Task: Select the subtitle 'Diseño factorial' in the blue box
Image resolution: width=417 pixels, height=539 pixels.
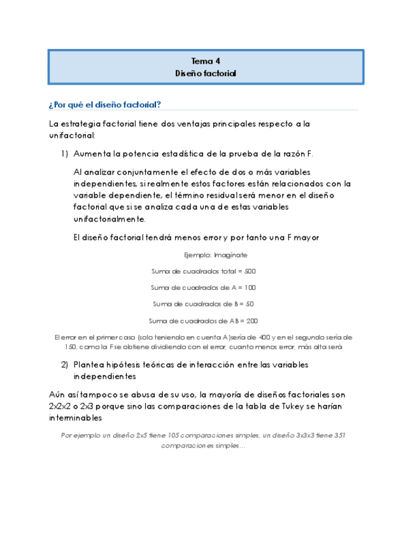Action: [206, 74]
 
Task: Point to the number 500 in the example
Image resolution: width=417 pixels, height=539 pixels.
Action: [250, 271]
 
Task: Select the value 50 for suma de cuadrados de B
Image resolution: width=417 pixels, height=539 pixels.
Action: [250, 304]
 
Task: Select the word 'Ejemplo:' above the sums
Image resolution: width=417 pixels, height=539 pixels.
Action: [198, 254]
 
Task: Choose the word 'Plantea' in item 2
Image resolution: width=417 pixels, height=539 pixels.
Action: [90, 365]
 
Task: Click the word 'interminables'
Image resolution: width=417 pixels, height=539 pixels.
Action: [74, 418]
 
